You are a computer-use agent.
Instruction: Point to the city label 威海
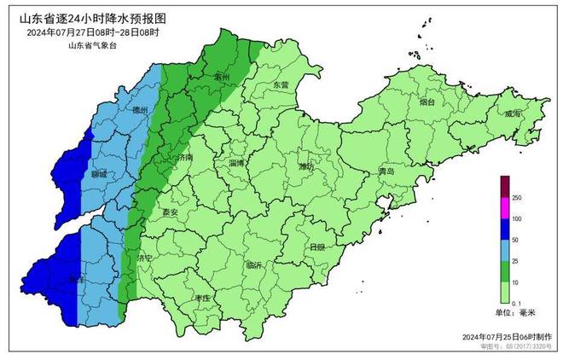pos(512,113)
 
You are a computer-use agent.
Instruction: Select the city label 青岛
pos(386,171)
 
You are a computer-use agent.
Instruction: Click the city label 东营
pos(281,85)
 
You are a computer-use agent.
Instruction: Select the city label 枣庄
pos(202,298)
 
